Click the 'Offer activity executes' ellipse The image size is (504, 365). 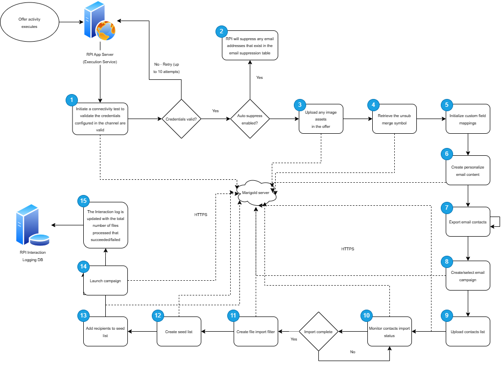29,23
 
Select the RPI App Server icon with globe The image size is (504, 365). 99,22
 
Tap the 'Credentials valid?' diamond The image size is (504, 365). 182,119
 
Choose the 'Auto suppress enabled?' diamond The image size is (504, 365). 250,119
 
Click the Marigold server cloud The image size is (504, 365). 256,193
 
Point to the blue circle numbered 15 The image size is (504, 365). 83,201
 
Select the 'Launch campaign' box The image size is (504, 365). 105,281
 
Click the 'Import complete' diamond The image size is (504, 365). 318,332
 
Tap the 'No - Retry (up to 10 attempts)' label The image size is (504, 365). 167,68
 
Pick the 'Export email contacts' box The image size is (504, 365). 468,222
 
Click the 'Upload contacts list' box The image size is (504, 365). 468,332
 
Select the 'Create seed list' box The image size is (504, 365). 179,332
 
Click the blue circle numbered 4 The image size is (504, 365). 373,104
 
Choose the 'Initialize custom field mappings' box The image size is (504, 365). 468,120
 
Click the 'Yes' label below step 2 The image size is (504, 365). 260,77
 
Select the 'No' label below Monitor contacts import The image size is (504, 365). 353,352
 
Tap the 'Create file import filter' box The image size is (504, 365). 256,332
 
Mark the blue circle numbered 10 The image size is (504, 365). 366,315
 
